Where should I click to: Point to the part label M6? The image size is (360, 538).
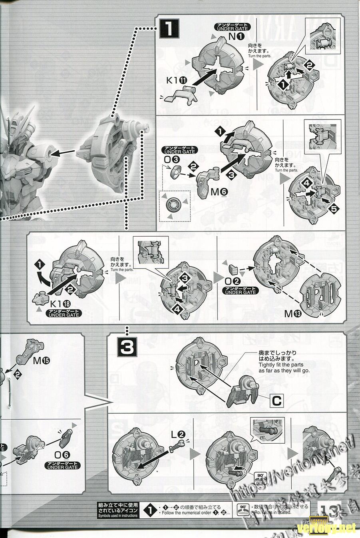(x=219, y=192)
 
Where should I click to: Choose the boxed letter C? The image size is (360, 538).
(x=276, y=401)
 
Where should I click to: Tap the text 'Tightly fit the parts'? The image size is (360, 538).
(x=281, y=365)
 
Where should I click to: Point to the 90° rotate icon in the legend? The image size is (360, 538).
(x=242, y=510)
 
